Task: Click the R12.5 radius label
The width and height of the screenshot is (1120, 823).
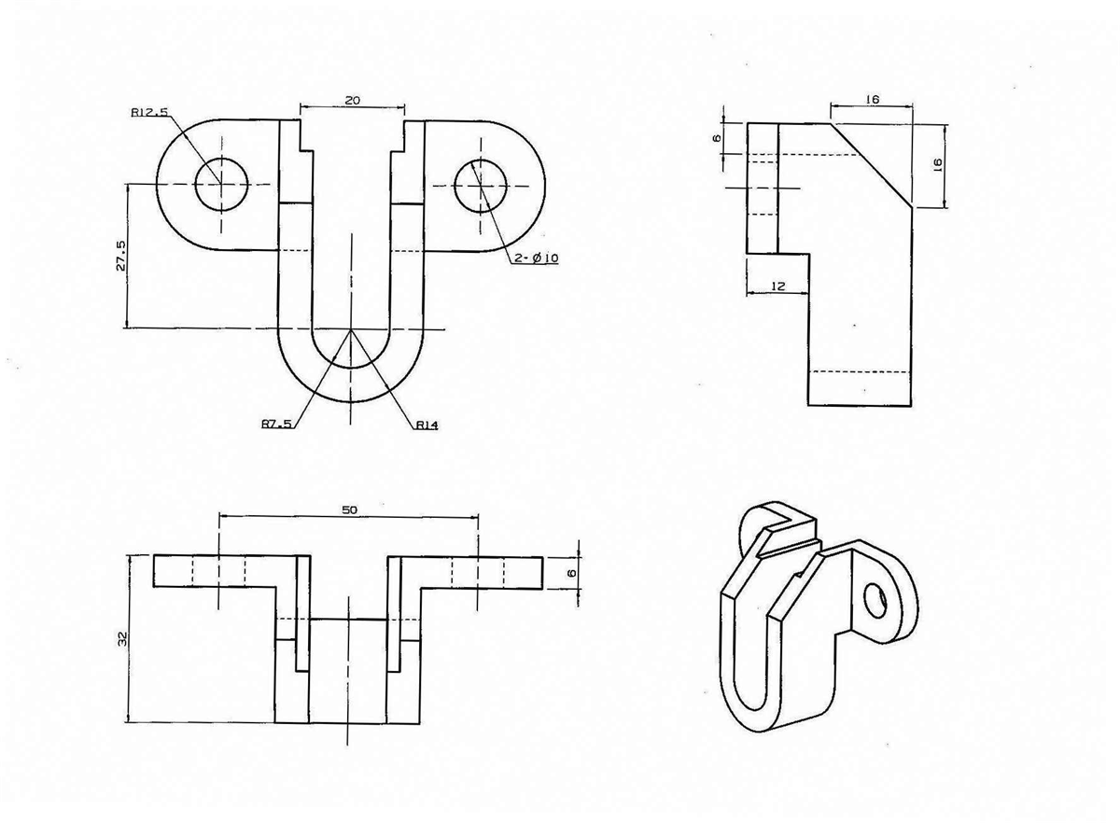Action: pos(150,113)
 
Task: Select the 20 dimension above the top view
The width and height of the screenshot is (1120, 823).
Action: pos(352,98)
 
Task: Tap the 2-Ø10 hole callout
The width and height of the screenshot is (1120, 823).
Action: pos(535,258)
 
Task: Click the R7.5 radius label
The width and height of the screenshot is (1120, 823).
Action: pos(276,425)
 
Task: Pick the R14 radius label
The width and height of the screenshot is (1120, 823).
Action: pos(427,425)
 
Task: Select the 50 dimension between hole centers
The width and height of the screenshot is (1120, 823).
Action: pos(349,509)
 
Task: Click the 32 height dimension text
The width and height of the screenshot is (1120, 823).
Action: pos(122,638)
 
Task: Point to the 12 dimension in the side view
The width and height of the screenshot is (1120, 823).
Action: pos(777,287)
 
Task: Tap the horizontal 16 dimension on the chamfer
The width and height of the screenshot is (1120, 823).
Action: pos(873,98)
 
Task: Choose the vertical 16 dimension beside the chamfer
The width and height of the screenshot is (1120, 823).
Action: pos(938,162)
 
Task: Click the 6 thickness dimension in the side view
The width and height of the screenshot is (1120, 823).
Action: pos(717,138)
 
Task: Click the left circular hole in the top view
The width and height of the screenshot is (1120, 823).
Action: pos(221,184)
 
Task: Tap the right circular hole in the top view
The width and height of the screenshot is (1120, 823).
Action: pos(481,184)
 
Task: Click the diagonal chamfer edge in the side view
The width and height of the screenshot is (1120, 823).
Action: pos(871,164)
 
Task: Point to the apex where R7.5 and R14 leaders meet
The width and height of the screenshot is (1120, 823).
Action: pos(351,329)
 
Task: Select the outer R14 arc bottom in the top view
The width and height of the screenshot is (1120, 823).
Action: pos(351,401)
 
